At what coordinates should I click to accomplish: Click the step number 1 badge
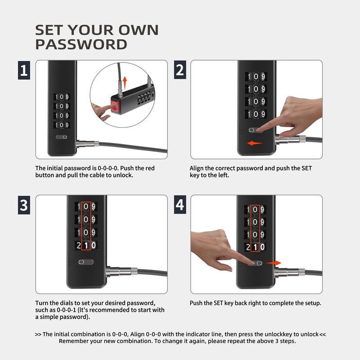pyautogui.click(x=24, y=70)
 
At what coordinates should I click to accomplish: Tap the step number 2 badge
pyautogui.click(x=180, y=70)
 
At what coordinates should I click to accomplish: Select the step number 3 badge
pyautogui.click(x=24, y=205)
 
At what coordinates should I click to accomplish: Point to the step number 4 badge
pyautogui.click(x=180, y=205)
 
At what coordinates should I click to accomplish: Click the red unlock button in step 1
pyautogui.click(x=115, y=106)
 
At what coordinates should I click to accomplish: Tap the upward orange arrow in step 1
pyautogui.click(x=125, y=83)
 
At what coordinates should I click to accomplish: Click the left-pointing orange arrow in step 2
pyautogui.click(x=255, y=143)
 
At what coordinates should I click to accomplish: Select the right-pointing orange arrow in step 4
pyautogui.click(x=273, y=263)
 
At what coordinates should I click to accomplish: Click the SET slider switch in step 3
pyautogui.click(x=86, y=262)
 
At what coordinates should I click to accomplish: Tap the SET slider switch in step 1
pyautogui.click(x=62, y=137)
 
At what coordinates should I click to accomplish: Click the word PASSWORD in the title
pyautogui.click(x=81, y=45)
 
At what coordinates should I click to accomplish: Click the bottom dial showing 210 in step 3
pyautogui.click(x=86, y=245)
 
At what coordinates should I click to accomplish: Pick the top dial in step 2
pyautogui.click(x=256, y=76)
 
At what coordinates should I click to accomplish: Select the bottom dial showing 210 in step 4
pyautogui.click(x=255, y=247)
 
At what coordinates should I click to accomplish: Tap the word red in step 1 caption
pyautogui.click(x=150, y=168)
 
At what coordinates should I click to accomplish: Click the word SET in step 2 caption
pyautogui.click(x=306, y=168)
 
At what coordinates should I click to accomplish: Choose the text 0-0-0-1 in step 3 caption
pyautogui.click(x=66, y=310)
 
